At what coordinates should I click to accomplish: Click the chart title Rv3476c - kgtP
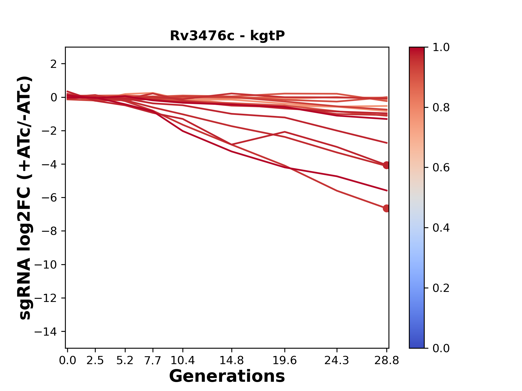pos(227,36)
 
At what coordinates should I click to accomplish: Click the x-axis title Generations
pos(227,376)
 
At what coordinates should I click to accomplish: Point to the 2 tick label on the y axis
pos(54,64)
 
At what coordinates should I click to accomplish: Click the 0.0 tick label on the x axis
pos(67,361)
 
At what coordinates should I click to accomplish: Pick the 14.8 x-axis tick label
pos(231,361)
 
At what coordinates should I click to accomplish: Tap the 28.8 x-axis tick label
pos(387,361)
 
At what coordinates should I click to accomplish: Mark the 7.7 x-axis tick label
pos(153,361)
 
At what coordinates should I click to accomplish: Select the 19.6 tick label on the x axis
pos(285,361)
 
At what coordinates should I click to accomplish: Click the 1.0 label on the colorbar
pos(441,48)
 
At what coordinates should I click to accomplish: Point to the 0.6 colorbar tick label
pos(441,168)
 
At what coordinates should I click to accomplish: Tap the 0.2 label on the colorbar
pos(441,288)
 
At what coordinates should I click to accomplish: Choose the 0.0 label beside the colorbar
pos(441,348)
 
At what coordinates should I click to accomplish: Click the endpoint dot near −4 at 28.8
pos(386,165)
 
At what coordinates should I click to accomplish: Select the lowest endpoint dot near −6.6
pos(386,208)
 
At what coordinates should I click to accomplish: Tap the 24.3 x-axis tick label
pos(337,361)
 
